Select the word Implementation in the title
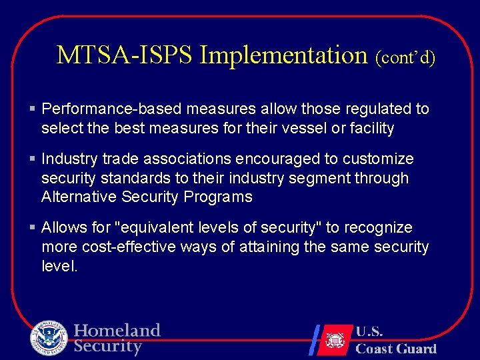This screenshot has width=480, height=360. point(283,55)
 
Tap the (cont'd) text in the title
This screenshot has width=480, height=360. point(405,57)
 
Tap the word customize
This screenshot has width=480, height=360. point(381,159)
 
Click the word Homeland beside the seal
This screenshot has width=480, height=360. point(117,331)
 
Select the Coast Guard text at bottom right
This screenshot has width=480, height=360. point(396,348)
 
